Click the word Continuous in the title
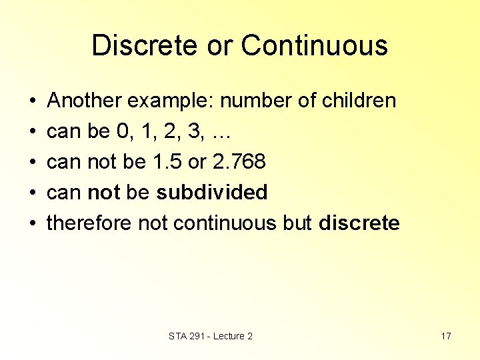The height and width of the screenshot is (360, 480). click(x=315, y=46)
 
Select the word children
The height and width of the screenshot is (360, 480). click(x=359, y=101)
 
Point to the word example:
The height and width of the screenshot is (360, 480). click(x=171, y=101)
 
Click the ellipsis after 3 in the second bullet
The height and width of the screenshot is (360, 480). click(x=220, y=132)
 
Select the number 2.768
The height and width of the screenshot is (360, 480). click(x=239, y=162)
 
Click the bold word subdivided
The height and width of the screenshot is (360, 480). click(x=211, y=193)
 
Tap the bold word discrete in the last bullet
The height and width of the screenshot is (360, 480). click(x=359, y=223)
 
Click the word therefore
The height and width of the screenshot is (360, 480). click(x=89, y=223)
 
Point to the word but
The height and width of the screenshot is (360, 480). click(x=297, y=223)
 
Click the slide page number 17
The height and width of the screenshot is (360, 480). click(x=446, y=336)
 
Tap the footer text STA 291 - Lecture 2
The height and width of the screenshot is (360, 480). click(x=211, y=336)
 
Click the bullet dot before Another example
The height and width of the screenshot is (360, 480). click(x=33, y=102)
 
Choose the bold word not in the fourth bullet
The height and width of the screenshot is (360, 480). click(x=103, y=193)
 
